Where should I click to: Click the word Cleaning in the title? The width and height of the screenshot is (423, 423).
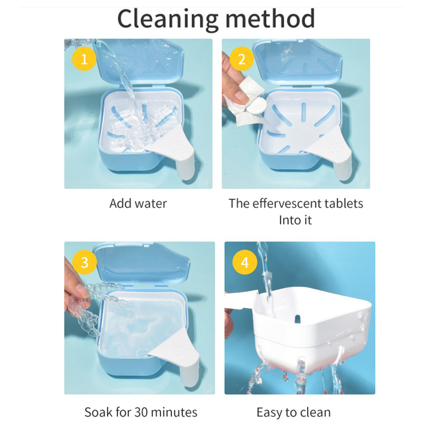pyautogui.click(x=168, y=19)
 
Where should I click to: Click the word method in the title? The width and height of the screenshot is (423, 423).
pyautogui.click(x=270, y=19)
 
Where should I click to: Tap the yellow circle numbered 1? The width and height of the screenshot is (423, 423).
pyautogui.click(x=84, y=59)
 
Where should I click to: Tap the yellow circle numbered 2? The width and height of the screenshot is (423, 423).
pyautogui.click(x=242, y=59)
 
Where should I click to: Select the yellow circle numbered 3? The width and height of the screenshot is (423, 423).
pyautogui.click(x=85, y=262)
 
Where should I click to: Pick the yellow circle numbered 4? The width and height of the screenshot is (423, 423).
pyautogui.click(x=245, y=262)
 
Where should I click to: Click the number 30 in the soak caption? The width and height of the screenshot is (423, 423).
pyautogui.click(x=141, y=412)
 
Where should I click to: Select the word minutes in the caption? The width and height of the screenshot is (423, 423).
pyautogui.click(x=174, y=412)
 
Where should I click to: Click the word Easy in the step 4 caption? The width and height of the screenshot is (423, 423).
pyautogui.click(x=269, y=413)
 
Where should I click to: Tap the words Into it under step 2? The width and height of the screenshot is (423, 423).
pyautogui.click(x=295, y=220)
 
